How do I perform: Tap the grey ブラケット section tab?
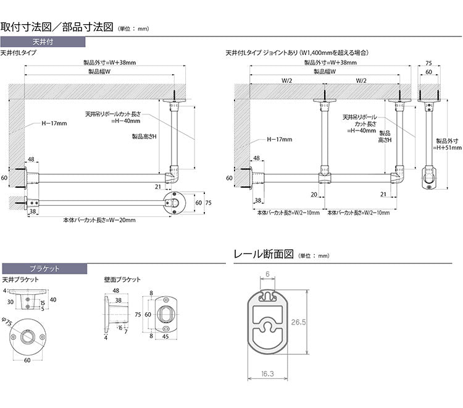(44, 268)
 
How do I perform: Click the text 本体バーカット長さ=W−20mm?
(100, 219)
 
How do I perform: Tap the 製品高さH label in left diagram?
(144, 137)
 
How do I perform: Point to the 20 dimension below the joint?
(314, 194)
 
